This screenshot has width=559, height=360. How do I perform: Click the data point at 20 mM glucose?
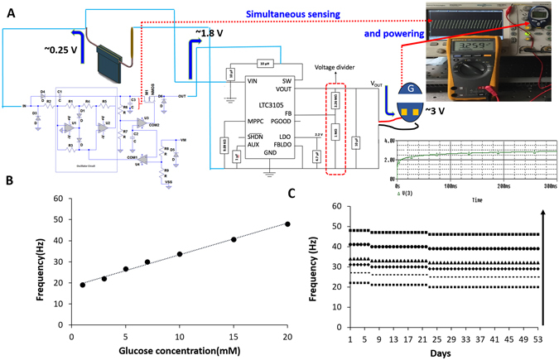pos(287,223)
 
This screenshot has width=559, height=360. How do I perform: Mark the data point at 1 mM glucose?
pos(82,285)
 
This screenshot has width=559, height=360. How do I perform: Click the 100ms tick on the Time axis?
pos(450,187)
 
